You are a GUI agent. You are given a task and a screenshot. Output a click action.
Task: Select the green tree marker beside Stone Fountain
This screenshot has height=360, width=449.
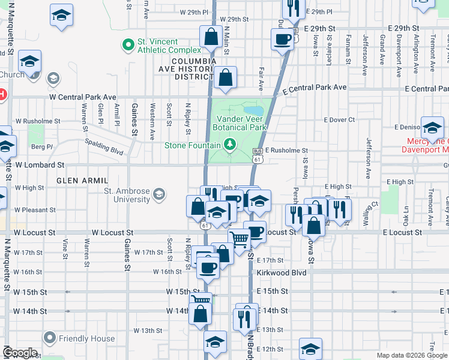(x=229, y=144)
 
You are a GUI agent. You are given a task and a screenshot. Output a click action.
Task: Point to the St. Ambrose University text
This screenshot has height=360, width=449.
(x=127, y=195)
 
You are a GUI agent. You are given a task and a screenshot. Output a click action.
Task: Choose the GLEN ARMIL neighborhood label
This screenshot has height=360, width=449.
(x=82, y=180)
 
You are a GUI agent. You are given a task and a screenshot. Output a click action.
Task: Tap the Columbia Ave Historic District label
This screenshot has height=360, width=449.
(x=193, y=69)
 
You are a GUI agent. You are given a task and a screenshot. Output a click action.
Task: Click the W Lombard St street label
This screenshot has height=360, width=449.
(x=40, y=164)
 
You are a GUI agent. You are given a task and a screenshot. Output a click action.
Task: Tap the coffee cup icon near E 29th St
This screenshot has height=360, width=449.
(x=282, y=40)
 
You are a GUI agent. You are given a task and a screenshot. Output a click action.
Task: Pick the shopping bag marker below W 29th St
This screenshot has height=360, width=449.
(x=211, y=37)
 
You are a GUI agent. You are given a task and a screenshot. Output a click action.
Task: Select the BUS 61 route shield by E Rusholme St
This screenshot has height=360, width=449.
(x=257, y=155)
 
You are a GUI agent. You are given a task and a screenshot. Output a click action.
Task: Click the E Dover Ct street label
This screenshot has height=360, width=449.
(x=339, y=120)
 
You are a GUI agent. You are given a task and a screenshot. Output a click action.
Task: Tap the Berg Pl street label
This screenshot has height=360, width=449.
(x=43, y=146)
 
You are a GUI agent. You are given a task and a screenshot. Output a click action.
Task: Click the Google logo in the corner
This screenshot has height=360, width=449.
(x=20, y=353)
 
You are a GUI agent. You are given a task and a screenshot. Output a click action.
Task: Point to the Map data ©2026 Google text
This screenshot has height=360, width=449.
(x=411, y=355)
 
